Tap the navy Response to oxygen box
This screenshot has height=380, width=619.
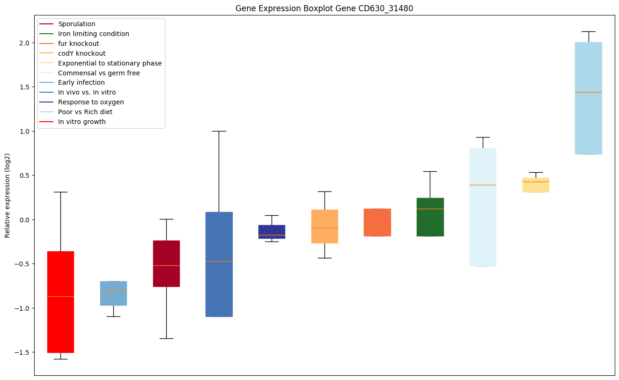coord(272,232)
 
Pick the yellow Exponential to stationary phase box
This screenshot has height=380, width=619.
coord(536,185)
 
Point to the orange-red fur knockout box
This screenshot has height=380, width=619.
coord(377,222)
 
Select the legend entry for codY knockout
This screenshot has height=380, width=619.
coord(81,53)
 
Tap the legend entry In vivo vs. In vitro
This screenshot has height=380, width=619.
coord(87,92)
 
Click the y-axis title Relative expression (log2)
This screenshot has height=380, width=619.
coord(7,196)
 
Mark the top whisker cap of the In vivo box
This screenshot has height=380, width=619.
coord(219,131)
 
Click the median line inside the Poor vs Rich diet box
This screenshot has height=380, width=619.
coord(589,92)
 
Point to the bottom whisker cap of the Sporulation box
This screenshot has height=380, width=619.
coord(166,338)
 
